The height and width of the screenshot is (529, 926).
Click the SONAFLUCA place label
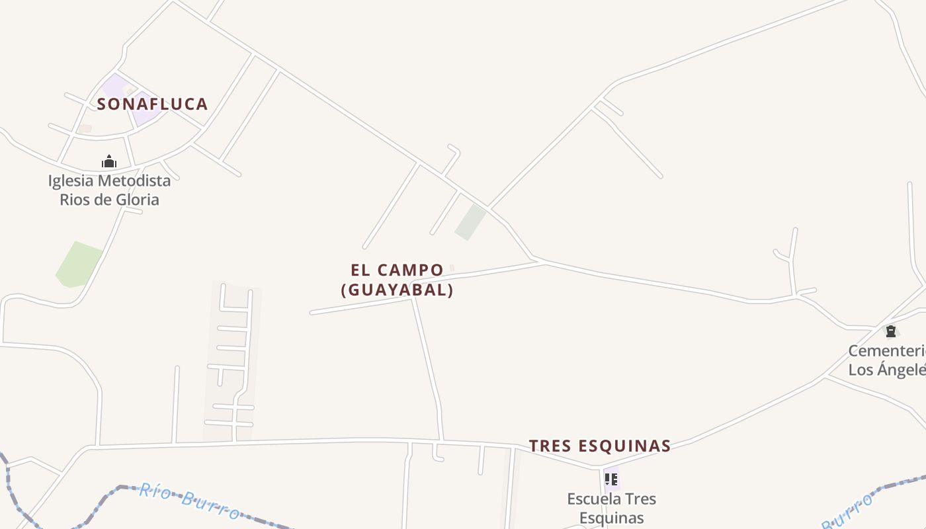click(x=153, y=104)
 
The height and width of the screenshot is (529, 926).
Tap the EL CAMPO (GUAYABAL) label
click(x=397, y=280)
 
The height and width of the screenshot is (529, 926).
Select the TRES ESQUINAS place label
click(x=600, y=446)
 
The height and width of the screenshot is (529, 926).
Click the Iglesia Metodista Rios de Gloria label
click(x=109, y=190)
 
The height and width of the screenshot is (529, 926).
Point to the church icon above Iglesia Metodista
click(x=109, y=161)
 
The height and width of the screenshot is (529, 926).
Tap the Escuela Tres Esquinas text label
click(x=611, y=508)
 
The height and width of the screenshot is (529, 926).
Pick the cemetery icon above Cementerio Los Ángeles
click(x=891, y=331)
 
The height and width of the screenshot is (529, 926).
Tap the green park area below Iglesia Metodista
click(x=78, y=264)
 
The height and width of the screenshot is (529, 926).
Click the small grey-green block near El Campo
click(x=470, y=222)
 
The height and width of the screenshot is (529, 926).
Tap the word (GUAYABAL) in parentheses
click(x=397, y=290)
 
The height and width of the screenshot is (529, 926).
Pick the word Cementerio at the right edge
click(x=886, y=350)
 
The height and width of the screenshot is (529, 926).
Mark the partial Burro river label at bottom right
click(x=848, y=512)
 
